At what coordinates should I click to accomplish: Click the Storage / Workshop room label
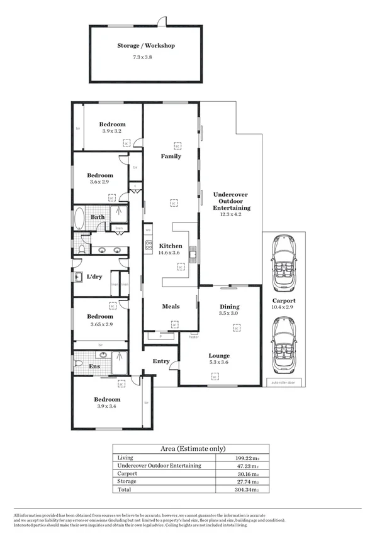point(146,45)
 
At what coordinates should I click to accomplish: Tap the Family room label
point(171,156)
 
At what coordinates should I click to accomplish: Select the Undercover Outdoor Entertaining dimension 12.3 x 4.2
point(232,214)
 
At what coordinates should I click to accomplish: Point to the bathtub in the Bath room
point(80,219)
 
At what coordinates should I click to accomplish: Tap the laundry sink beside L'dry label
point(78,277)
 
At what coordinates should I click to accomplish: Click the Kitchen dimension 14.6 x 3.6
point(171,253)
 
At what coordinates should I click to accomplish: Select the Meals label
point(171,307)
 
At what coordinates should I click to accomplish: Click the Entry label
point(161,361)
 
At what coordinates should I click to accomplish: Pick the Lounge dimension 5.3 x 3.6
point(219,362)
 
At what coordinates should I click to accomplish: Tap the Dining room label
point(230,306)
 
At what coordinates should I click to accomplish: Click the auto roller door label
point(283,382)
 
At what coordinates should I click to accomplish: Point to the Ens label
point(94,366)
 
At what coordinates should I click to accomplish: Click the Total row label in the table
point(124,488)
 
